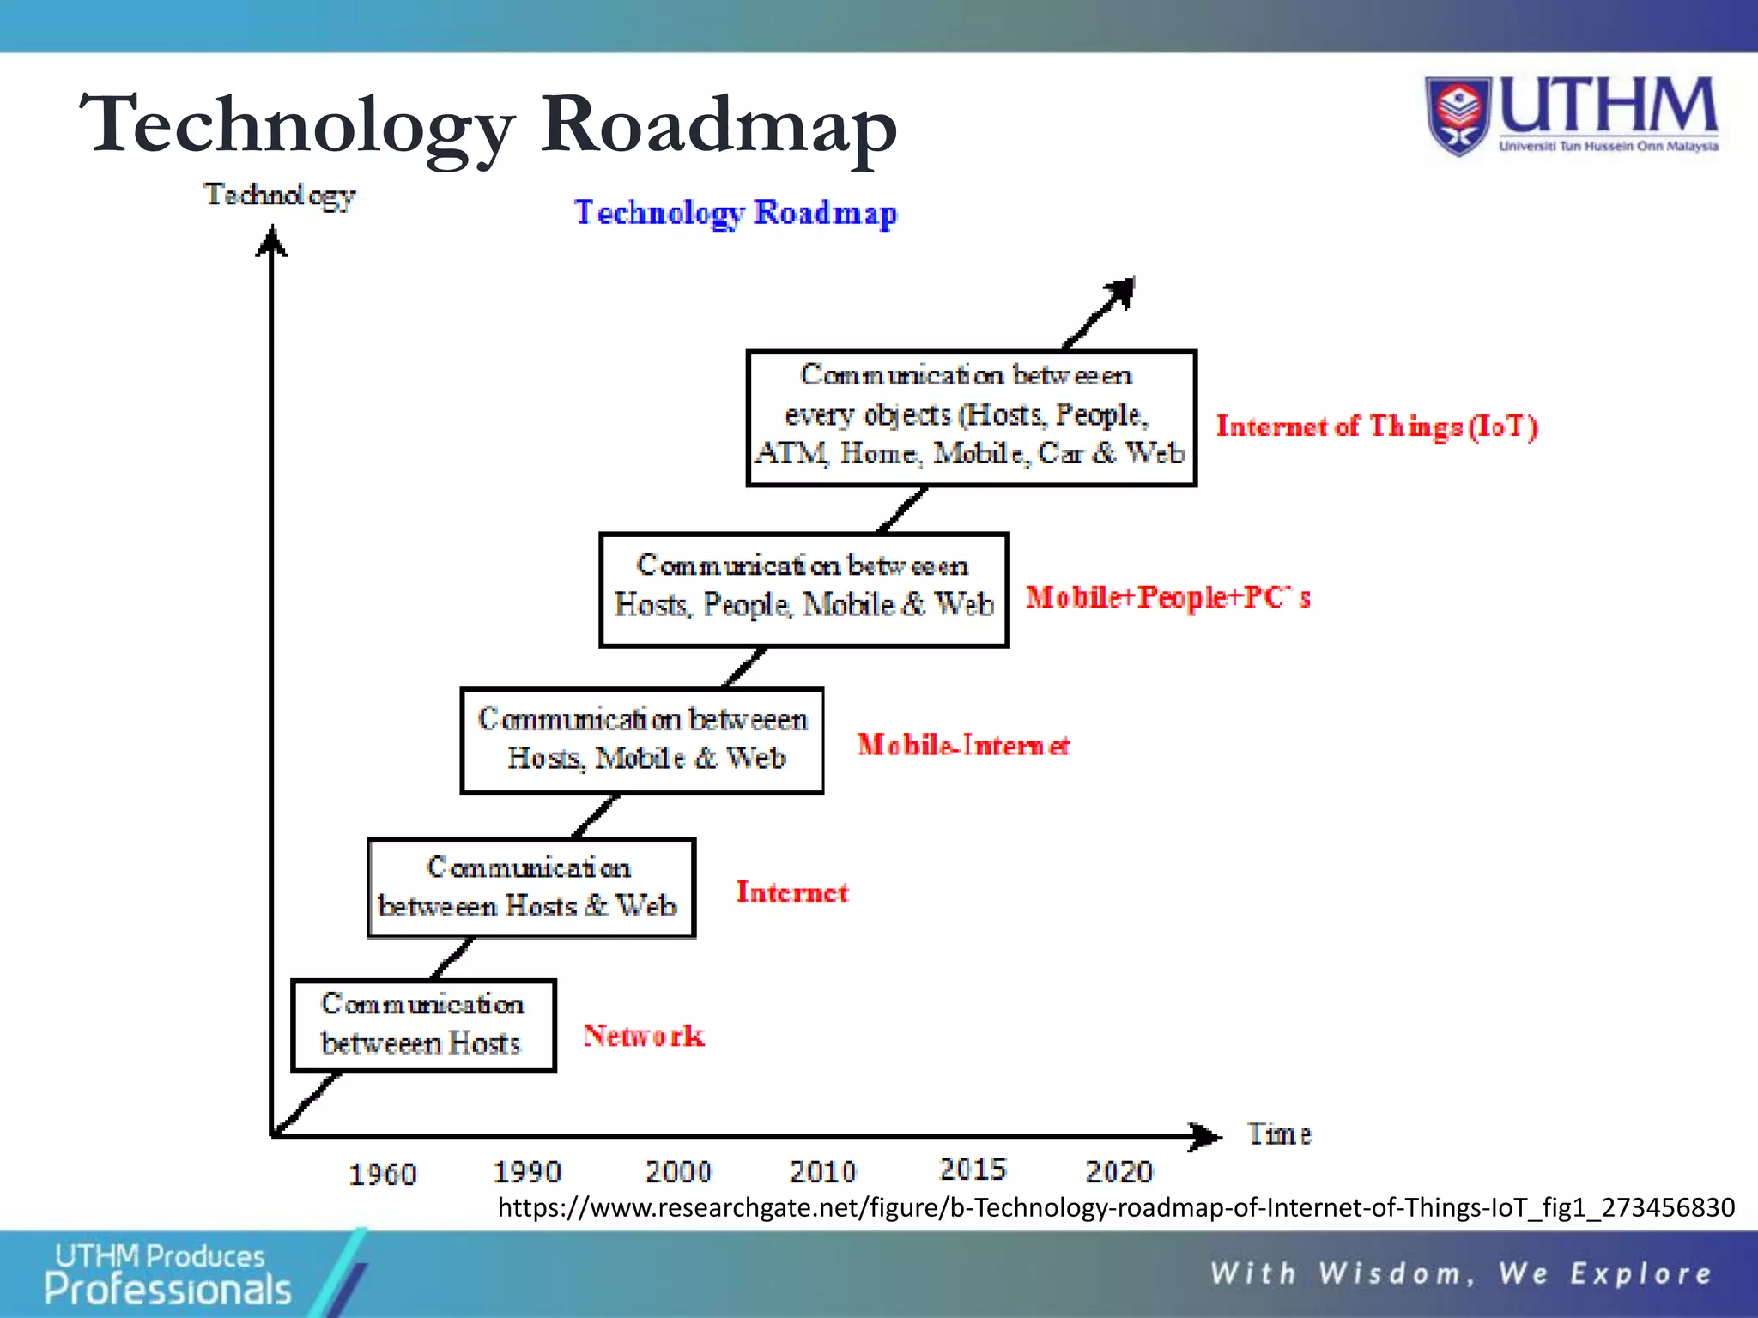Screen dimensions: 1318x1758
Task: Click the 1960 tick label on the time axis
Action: tap(382, 1174)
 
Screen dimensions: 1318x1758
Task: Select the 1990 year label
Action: tap(527, 1171)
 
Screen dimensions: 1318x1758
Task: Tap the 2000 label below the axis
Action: tap(678, 1171)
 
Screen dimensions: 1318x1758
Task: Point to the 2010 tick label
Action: tap(822, 1171)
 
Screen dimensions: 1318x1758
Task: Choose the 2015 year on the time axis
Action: tap(973, 1169)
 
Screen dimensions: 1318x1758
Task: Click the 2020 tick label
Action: tap(1118, 1171)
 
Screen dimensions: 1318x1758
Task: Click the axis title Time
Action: tap(1279, 1134)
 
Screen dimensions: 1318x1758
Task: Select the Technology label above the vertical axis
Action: tap(280, 196)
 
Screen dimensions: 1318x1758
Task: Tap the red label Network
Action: tap(644, 1036)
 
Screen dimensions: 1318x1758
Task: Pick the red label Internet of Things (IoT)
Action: tap(1376, 426)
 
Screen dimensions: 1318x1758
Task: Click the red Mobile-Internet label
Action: tap(963, 745)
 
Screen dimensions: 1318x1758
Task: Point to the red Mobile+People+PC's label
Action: tap(1167, 597)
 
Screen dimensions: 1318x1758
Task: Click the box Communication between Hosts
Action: tap(423, 1025)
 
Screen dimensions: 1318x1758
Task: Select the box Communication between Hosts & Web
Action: tap(530, 887)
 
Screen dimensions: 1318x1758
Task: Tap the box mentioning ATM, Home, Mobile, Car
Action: tap(971, 418)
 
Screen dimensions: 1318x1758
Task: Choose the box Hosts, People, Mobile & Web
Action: tap(803, 589)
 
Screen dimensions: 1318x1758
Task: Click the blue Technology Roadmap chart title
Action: tap(736, 213)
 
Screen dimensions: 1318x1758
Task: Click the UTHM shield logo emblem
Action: tap(1458, 117)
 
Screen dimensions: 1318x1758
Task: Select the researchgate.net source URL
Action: tap(1116, 1207)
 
